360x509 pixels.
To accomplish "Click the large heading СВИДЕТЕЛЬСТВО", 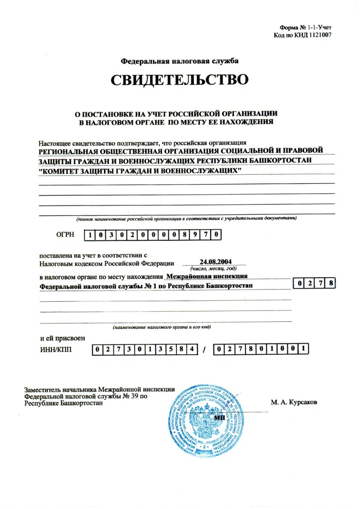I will point(179,80).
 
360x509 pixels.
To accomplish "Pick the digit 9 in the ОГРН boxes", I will point(196,236).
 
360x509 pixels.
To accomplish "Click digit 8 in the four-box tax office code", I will point(331,284).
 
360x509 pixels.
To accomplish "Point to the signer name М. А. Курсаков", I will point(294,403).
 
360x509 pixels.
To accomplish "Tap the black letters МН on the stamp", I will point(219,417).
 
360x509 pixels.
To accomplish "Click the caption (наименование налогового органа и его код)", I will point(162,327).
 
